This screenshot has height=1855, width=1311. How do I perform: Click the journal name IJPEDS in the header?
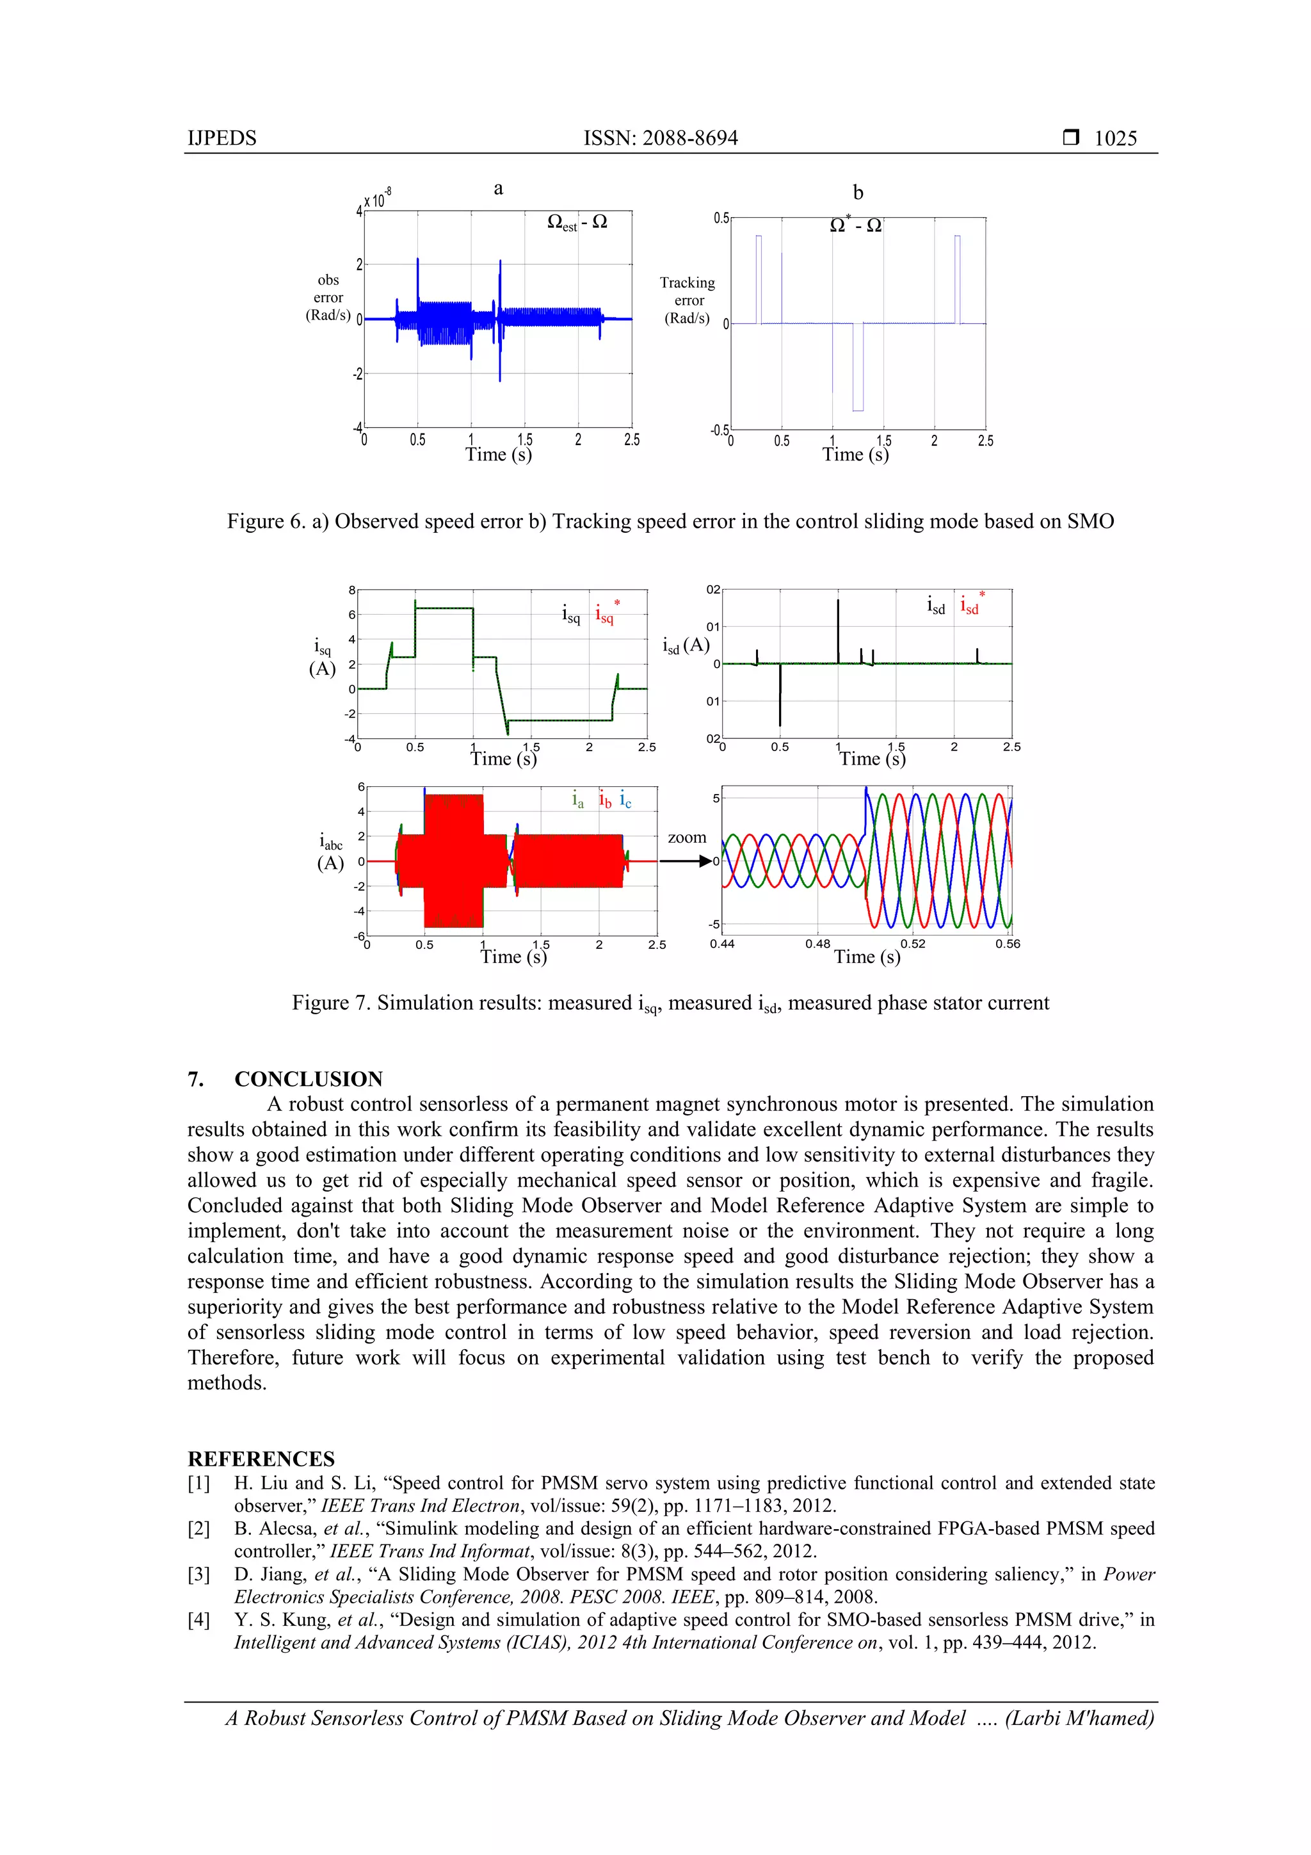click(222, 138)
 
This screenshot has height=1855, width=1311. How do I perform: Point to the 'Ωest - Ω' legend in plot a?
click(577, 222)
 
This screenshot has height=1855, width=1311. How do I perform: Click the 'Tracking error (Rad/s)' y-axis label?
click(688, 300)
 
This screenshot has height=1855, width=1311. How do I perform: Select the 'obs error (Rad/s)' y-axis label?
click(328, 297)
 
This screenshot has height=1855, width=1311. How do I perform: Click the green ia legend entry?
click(577, 800)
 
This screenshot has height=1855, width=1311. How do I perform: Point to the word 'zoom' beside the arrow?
click(687, 837)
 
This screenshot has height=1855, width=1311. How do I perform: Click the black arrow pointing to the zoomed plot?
click(687, 861)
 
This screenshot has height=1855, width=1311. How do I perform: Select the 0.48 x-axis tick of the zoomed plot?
click(817, 944)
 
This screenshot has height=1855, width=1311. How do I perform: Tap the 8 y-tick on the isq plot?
click(351, 590)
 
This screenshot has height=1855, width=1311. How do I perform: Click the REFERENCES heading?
click(261, 1458)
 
